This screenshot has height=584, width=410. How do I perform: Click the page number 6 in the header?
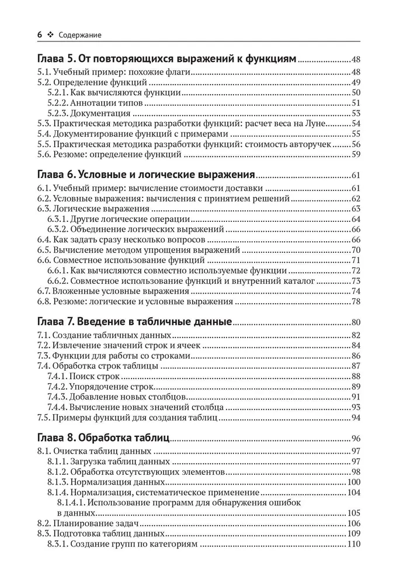(x=40, y=35)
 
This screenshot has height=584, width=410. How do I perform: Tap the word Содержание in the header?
(x=79, y=35)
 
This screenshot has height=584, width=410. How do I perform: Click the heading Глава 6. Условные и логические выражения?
(x=146, y=175)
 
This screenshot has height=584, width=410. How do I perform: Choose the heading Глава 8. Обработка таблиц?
(x=103, y=437)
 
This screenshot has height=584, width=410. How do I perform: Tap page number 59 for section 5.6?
(x=356, y=155)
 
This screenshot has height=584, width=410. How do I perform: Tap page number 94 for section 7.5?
(x=356, y=418)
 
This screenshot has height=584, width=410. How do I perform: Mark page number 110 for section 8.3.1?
(x=354, y=544)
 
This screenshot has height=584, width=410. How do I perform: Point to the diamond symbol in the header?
(x=50, y=35)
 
